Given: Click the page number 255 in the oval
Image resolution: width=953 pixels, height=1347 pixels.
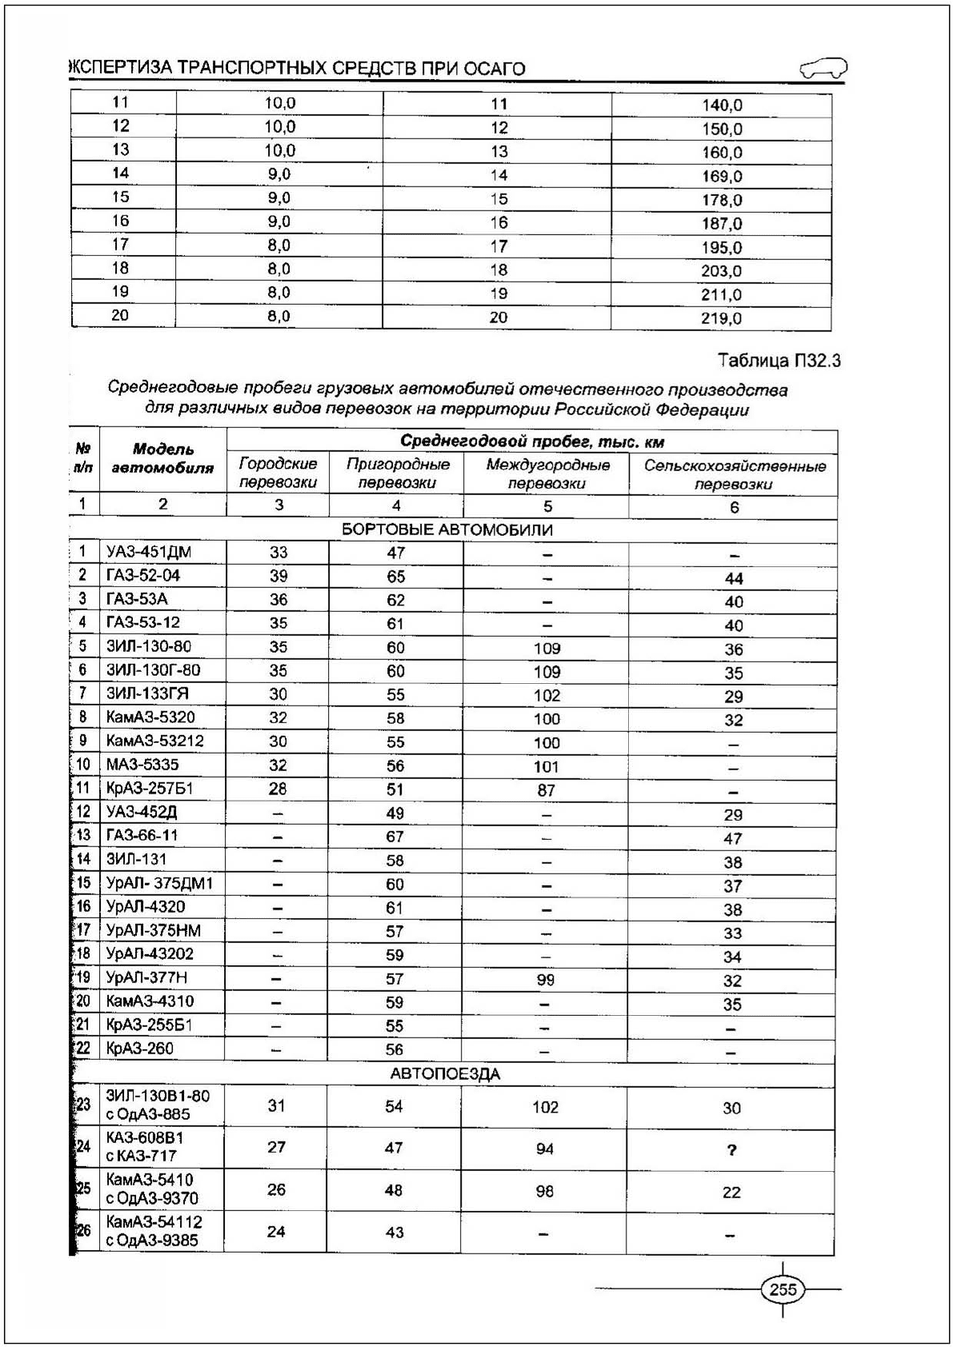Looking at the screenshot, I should (x=783, y=1289).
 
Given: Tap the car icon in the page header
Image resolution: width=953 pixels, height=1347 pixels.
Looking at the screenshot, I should (x=823, y=69).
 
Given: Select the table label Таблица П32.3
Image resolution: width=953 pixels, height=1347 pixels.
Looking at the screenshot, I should (x=779, y=361).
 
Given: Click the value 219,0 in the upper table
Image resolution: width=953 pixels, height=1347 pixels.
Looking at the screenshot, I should (x=722, y=318).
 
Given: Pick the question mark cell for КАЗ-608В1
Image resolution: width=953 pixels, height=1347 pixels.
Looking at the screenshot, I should (x=731, y=1150).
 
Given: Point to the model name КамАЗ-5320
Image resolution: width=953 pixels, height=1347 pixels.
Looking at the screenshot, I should (x=150, y=717).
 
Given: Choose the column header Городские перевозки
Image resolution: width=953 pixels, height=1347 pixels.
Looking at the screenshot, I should (x=278, y=473).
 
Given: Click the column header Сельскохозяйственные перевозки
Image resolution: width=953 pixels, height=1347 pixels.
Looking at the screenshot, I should (x=734, y=474).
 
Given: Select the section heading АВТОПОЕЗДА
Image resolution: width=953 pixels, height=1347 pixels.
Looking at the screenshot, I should (x=445, y=1073).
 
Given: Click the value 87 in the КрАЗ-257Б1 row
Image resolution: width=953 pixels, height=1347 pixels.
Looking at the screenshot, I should (x=547, y=790).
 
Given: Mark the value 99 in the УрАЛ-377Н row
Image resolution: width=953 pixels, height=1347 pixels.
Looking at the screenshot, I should (x=547, y=979).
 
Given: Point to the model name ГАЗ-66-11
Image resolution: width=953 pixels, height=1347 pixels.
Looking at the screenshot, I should (x=142, y=835).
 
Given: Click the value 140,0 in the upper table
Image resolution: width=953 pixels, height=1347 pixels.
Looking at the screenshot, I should (x=722, y=105).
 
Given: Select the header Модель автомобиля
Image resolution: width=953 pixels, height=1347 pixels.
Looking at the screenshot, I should (x=162, y=458).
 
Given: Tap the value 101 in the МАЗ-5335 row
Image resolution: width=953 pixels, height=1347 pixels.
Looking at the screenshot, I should (x=547, y=766).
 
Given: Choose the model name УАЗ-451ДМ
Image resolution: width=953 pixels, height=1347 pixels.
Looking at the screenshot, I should (x=149, y=551).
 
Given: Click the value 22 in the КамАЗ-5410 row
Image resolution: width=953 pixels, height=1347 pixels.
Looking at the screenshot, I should (x=731, y=1192).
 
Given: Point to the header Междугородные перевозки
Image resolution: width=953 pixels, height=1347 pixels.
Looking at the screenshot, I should (x=547, y=474).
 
